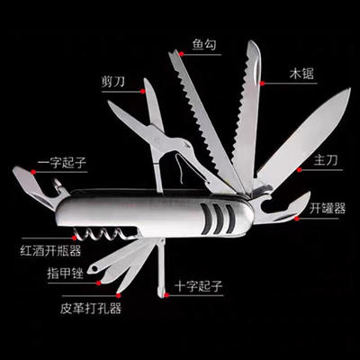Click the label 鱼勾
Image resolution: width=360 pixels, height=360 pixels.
coord(204,45)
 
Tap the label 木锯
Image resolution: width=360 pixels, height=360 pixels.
coord(301,74)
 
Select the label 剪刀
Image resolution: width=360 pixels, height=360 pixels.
coord(112,82)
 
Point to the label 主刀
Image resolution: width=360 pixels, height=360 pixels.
coord(326,160)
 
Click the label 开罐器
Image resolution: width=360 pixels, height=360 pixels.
coord(328,208)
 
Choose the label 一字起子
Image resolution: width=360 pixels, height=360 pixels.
coord(62,163)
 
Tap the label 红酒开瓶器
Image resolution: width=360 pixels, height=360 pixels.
coord(50,250)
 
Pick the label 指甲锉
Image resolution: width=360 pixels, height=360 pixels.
coord(65,274)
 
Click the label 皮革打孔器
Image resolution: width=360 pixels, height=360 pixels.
coord(91,308)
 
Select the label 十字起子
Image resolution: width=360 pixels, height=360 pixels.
coord(199,286)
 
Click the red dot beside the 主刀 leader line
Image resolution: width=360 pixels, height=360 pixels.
coord(299,170)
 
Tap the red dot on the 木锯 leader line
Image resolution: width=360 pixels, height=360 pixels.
coord(263,84)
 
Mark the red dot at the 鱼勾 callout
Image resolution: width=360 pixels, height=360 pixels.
coord(181,54)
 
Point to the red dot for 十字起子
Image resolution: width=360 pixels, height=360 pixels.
coord(166,295)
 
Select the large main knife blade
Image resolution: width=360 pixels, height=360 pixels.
coord(303,138)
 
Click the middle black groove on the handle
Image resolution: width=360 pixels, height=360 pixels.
coord(219,219)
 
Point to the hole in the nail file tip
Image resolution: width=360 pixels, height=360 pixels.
coord(94,269)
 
